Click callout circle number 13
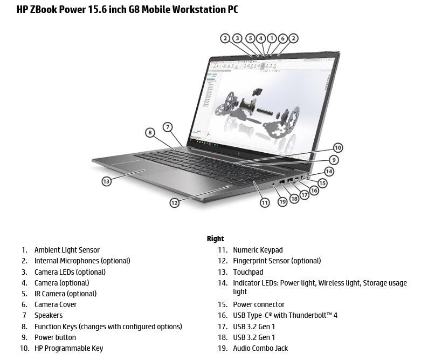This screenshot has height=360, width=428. click(107, 181)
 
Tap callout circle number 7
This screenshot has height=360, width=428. click(168, 127)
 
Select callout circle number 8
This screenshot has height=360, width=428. click(150, 133)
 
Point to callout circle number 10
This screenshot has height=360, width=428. click(337, 147)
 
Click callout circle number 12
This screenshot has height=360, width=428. click(174, 203)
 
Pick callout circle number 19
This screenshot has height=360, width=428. click(282, 202)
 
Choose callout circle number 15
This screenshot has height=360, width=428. click(322, 183)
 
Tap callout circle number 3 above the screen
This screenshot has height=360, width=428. click(238, 38)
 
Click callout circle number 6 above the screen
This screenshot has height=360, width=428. click(282, 38)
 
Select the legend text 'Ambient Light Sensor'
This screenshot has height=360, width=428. click(67, 250)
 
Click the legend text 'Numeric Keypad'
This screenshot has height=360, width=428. click(258, 250)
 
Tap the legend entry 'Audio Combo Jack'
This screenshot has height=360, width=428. click(260, 348)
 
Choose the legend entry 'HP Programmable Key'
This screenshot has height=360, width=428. click(68, 348)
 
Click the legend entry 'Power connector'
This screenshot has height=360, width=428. click(259, 304)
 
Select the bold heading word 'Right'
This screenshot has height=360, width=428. click(215, 239)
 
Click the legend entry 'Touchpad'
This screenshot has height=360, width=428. click(248, 272)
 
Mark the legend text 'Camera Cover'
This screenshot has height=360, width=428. click(56, 304)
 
